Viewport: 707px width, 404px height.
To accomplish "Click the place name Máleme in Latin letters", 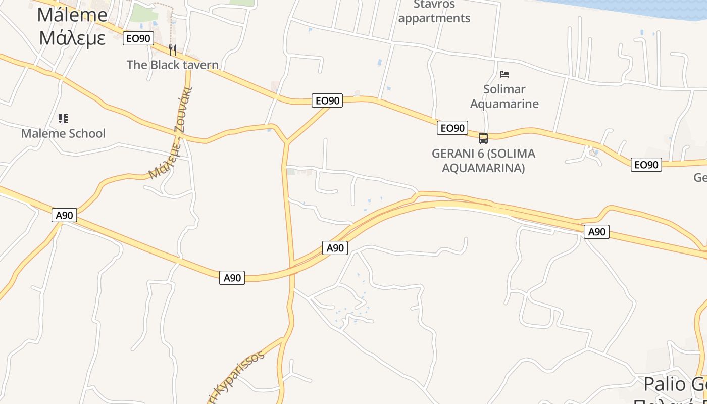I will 72,15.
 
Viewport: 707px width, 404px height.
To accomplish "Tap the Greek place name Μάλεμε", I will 72,38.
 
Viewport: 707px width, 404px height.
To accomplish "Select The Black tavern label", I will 173,65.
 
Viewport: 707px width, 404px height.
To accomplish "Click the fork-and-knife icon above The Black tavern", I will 173,49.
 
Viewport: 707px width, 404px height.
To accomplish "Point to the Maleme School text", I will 63,133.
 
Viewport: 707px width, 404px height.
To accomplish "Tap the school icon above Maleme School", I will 63,119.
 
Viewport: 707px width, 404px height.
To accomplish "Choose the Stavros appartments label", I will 434,12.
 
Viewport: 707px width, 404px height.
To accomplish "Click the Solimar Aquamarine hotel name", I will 504,96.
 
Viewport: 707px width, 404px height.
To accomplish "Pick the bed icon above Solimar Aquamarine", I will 504,74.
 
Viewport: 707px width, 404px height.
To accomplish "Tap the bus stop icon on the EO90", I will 483,138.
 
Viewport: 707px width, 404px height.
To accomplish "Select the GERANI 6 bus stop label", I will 483,160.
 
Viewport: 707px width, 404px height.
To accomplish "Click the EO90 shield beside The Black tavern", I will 138,38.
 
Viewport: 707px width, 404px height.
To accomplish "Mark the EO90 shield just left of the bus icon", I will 452,128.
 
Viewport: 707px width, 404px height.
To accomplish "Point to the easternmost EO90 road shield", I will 646,164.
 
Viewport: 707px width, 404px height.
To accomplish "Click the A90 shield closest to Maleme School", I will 64,215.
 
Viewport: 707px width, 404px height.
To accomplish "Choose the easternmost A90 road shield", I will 596,232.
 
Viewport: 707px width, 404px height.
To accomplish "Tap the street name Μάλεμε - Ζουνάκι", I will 170,135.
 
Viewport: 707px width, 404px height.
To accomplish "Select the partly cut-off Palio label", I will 672,385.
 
